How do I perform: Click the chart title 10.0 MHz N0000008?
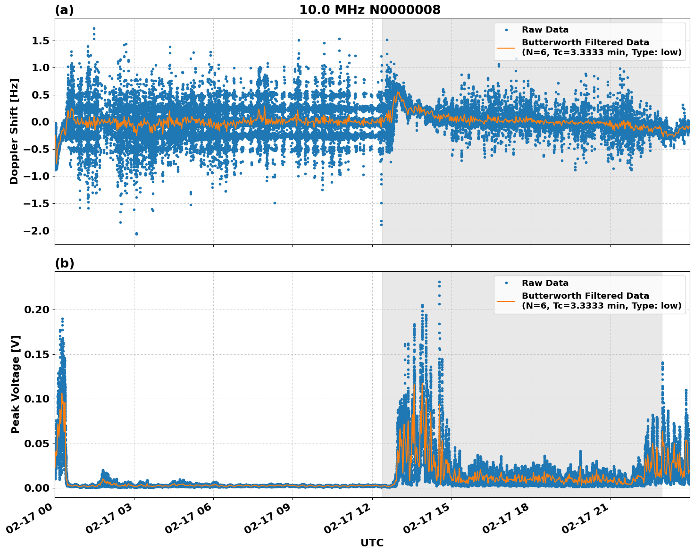[x=369, y=10]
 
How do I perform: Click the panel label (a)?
[x=64, y=10]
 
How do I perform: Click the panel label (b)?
[x=64, y=263]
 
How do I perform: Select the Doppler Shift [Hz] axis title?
[x=14, y=131]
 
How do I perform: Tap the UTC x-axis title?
[x=372, y=543]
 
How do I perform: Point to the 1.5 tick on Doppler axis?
[x=40, y=41]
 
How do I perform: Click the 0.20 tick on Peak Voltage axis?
[x=37, y=310]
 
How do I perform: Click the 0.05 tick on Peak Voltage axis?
[x=37, y=444]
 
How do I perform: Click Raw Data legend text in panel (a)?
[x=545, y=30]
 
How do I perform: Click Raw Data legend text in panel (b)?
[x=545, y=283]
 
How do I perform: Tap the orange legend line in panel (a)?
[x=506, y=48]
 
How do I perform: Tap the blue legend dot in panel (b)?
[x=506, y=283]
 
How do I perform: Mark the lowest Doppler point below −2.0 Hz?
[x=136, y=234]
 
